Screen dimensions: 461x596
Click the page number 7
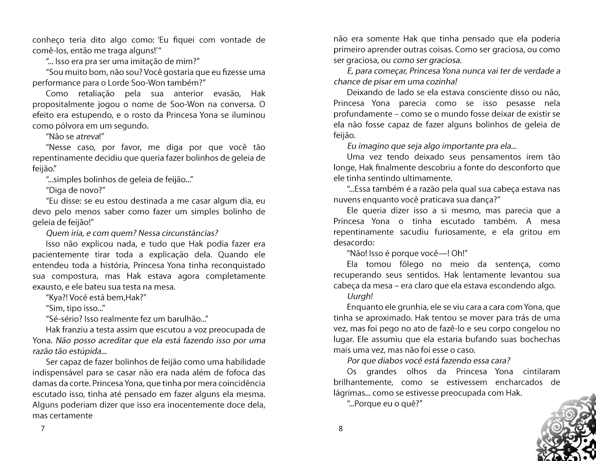pos(42,429)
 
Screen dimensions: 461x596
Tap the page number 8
pos(340,429)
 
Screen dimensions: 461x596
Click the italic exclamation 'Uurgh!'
pos(360,296)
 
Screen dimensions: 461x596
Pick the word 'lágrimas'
pos(349,393)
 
